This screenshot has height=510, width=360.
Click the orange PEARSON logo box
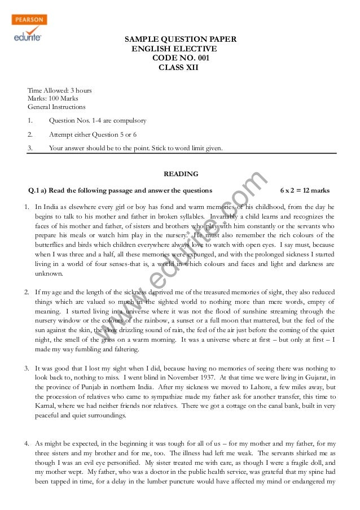29,20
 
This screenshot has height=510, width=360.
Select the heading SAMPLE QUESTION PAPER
180,39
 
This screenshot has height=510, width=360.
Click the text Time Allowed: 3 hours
60,90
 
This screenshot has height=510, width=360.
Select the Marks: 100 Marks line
53,98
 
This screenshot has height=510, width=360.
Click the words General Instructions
56,106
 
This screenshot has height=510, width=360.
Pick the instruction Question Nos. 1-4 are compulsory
98,120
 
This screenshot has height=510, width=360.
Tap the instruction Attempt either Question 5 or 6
93,134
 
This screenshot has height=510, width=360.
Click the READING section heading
181,174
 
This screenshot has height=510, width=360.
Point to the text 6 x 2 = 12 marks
304,189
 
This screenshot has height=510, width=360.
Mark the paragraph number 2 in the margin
27,293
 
